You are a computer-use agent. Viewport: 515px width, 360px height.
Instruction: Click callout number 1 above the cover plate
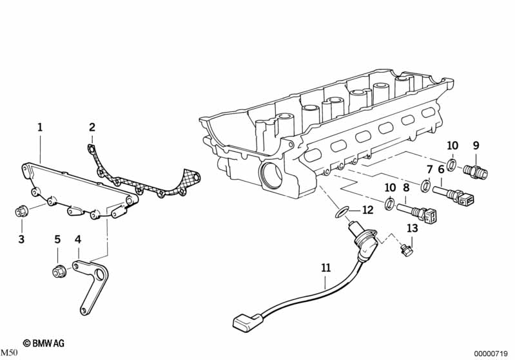[x=39, y=128]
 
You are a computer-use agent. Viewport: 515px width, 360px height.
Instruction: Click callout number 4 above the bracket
[x=79, y=240]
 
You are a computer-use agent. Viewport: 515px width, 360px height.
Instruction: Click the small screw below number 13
[x=407, y=250]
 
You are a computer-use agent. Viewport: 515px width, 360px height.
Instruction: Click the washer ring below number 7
[x=426, y=187]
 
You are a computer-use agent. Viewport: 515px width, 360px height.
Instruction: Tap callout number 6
[x=442, y=169]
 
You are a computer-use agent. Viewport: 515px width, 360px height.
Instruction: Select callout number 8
[x=406, y=187]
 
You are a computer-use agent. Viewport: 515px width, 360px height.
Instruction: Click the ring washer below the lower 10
[x=390, y=205]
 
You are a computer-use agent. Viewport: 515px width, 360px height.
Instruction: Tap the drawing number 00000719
[x=492, y=352]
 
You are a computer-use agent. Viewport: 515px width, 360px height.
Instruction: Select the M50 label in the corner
[x=9, y=352]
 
